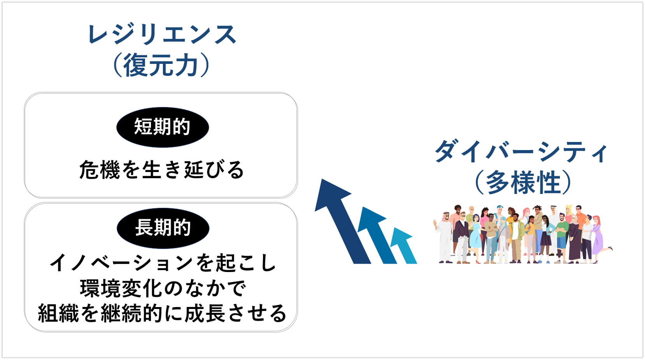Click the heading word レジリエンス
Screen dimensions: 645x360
(x=162, y=34)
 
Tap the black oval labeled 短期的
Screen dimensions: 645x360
(x=162, y=127)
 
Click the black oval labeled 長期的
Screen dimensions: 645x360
(x=163, y=228)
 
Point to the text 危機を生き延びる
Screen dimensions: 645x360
(x=161, y=170)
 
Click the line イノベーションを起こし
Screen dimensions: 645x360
(x=163, y=263)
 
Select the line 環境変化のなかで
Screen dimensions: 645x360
(x=163, y=288)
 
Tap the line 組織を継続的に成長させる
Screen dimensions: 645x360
(x=162, y=313)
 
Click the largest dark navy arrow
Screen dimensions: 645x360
(x=343, y=221)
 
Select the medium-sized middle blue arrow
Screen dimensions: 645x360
(x=377, y=235)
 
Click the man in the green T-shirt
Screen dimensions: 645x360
(x=561, y=238)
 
